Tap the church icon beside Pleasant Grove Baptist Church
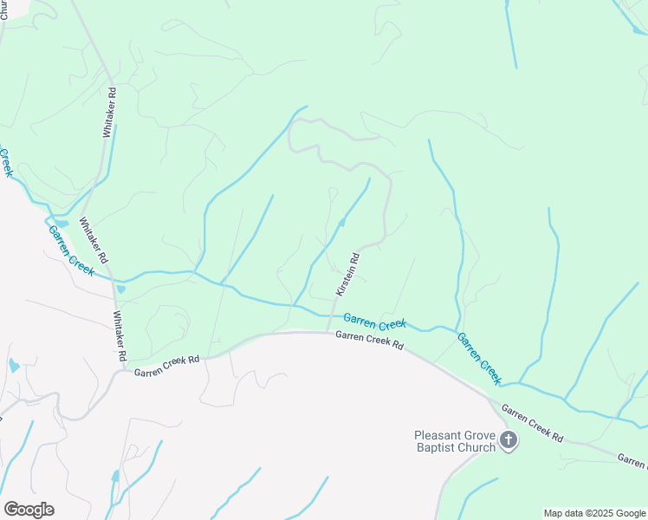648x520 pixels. [x=509, y=440]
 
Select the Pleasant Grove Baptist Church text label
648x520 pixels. [x=454, y=441]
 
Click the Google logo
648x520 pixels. [x=29, y=510]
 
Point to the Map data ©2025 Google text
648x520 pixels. [x=595, y=513]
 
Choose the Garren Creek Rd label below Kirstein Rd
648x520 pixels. [x=370, y=340]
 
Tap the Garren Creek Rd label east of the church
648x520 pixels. [x=533, y=424]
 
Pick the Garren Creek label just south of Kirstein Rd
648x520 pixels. [x=374, y=322]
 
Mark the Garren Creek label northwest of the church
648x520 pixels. [x=479, y=358]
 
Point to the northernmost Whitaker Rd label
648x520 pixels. [x=109, y=114]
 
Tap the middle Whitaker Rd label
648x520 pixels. [x=94, y=240]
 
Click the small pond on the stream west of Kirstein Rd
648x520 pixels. [x=342, y=224]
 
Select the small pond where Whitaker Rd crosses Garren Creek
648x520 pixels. [x=120, y=289]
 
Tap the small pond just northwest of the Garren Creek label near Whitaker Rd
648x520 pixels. [x=61, y=223]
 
